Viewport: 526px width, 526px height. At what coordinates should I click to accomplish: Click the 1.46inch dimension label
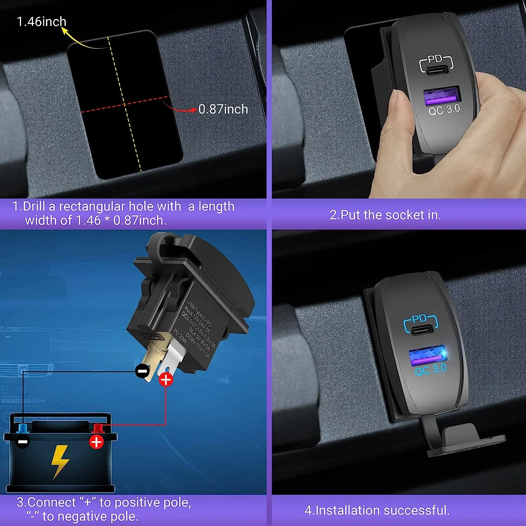(x=41, y=22)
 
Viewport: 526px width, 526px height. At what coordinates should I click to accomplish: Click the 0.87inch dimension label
(x=223, y=109)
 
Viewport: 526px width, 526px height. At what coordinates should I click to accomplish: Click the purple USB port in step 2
(x=441, y=97)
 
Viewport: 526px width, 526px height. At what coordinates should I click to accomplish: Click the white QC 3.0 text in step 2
(x=444, y=110)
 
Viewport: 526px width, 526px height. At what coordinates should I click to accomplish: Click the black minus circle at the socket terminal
(x=142, y=371)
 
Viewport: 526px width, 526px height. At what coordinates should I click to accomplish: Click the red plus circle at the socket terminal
(x=166, y=379)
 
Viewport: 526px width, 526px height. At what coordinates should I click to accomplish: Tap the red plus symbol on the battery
(x=96, y=442)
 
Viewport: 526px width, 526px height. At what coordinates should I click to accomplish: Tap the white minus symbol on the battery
(x=23, y=442)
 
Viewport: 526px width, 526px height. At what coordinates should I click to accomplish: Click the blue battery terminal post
(x=23, y=428)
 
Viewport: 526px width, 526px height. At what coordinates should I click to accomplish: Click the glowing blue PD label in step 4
(x=420, y=319)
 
